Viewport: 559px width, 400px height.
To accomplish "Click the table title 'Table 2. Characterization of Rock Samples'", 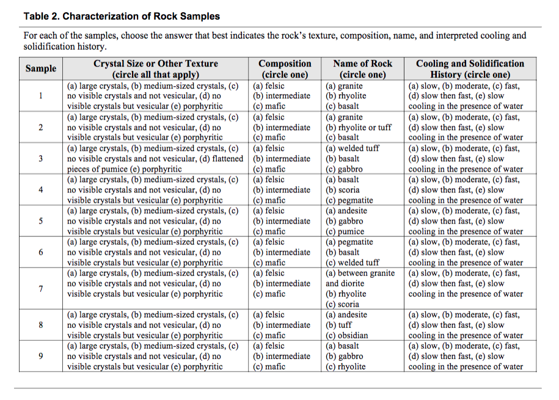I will (x=122, y=16).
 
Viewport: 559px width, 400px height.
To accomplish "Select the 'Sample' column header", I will (x=41, y=69).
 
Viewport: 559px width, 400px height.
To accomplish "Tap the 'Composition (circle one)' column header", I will (x=285, y=69).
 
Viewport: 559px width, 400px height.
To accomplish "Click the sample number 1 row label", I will (x=41, y=96).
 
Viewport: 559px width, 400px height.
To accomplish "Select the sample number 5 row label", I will (x=41, y=221).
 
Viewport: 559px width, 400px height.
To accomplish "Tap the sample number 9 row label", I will (x=41, y=356).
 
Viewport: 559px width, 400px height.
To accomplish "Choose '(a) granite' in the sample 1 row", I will (x=343, y=86).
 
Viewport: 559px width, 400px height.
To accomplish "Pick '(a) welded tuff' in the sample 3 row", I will (x=353, y=148).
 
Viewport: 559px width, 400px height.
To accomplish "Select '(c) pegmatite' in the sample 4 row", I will (x=349, y=200).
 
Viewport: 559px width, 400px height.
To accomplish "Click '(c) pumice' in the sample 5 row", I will (x=345, y=231).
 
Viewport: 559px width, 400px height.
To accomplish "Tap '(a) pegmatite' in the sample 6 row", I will (x=349, y=242).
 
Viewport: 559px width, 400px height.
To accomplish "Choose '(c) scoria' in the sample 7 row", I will (x=343, y=304).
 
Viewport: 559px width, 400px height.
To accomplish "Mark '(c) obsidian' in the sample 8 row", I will (x=347, y=335).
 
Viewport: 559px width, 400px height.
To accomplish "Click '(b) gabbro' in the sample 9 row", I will (x=345, y=356).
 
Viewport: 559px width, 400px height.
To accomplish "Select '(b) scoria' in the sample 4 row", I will (x=343, y=190).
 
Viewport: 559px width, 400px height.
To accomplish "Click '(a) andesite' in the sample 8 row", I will (x=347, y=315).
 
